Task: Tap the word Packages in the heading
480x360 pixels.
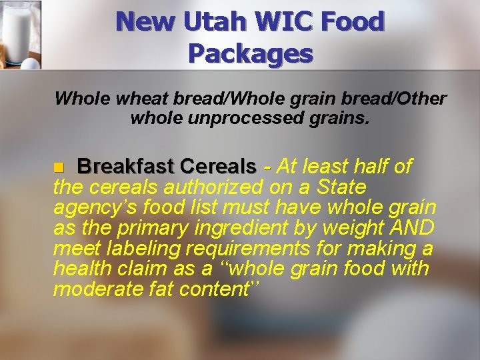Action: coord(250,52)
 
